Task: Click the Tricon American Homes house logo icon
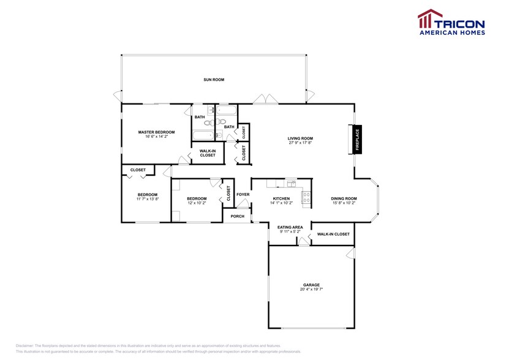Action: click(429, 18)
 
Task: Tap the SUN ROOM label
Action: click(214, 80)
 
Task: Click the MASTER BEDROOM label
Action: click(156, 132)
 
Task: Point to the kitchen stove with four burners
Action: click(306, 197)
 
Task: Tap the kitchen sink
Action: click(290, 183)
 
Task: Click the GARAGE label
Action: click(311, 285)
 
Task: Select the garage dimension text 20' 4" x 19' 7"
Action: click(311, 290)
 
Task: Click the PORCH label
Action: click(237, 216)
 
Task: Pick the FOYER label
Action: click(243, 195)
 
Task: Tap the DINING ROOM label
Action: click(344, 198)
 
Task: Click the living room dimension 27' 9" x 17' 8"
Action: click(300, 143)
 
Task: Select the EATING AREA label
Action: click(290, 227)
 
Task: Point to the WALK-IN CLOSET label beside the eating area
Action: click(333, 234)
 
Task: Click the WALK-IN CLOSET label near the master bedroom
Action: click(208, 153)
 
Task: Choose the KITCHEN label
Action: click(281, 198)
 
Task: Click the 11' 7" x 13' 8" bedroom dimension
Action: click(147, 199)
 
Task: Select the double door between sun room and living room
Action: click(266, 99)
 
